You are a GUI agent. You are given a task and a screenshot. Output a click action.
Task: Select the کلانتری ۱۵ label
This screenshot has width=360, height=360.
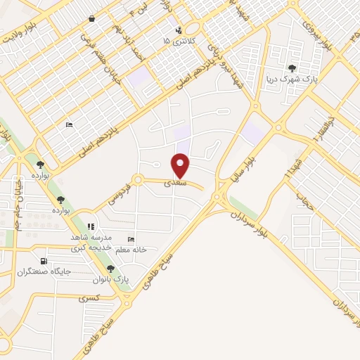tap(176, 41)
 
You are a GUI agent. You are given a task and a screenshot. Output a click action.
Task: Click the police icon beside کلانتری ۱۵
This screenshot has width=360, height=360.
tap(179, 30)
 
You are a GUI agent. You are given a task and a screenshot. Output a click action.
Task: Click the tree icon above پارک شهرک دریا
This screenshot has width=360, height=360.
tap(292, 68)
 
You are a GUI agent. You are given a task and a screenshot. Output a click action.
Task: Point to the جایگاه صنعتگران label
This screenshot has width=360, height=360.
tap(46, 271)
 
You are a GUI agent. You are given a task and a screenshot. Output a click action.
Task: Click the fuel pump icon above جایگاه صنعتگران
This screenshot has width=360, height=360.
tap(45, 260)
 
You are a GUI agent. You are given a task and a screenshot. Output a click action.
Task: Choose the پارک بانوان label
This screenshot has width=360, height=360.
tap(110, 279)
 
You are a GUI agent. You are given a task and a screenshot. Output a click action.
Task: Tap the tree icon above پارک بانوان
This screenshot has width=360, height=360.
tap(110, 269)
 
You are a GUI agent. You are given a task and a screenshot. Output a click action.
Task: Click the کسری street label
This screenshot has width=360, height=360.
tap(89, 298)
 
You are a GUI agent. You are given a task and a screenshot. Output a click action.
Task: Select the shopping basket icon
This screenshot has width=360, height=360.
tap(92, 19)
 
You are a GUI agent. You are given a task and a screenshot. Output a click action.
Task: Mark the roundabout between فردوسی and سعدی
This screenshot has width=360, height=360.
tap(138, 180)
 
